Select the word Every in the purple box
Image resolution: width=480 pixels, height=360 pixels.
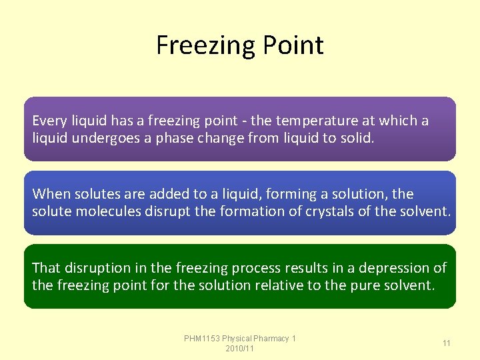(49, 121)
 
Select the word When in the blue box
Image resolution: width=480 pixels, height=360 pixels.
(49, 194)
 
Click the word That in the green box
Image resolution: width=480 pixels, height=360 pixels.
(46, 267)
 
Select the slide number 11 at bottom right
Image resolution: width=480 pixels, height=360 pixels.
(447, 343)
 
